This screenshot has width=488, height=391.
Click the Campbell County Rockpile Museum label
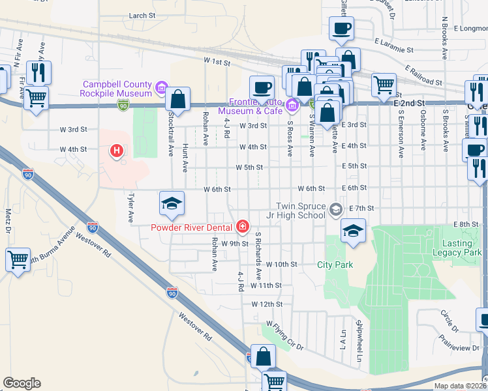pyautogui.click(x=117, y=89)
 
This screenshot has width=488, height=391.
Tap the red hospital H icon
pyautogui.click(x=117, y=152)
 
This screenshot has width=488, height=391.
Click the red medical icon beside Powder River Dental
pyautogui.click(x=242, y=226)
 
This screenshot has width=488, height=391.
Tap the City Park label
pyautogui.click(x=335, y=265)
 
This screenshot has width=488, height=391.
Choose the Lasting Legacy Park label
pyautogui.click(x=457, y=247)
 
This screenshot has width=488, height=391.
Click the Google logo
pyautogui.click(x=22, y=383)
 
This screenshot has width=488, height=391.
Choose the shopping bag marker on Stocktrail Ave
pyautogui.click(x=177, y=99)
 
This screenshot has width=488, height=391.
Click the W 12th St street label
pyautogui.click(x=267, y=304)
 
